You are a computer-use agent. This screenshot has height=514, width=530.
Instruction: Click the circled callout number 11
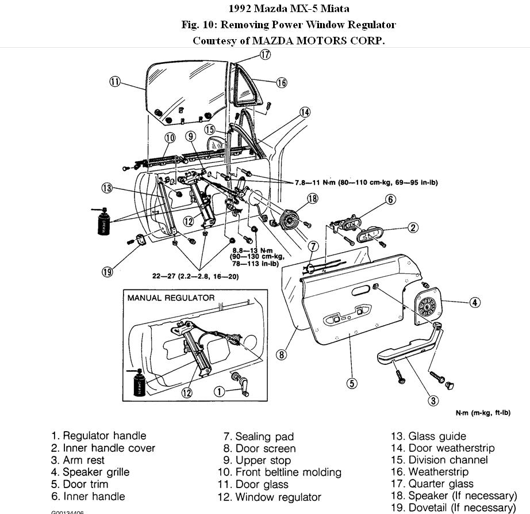[x=115, y=82]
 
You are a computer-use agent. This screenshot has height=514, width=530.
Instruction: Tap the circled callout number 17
[x=264, y=55]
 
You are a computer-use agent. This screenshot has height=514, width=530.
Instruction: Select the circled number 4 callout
[x=474, y=302]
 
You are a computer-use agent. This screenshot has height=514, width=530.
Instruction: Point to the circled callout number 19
[x=107, y=272]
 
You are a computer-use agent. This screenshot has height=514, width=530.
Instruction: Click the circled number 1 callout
[x=218, y=391]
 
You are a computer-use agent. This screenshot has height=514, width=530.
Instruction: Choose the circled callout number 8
[x=281, y=355]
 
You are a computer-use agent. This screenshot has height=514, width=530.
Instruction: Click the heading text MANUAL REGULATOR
[x=171, y=298]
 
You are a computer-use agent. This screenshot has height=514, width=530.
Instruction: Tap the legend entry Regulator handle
[x=98, y=436]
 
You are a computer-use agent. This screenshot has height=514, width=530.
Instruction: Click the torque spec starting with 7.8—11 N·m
[x=362, y=182]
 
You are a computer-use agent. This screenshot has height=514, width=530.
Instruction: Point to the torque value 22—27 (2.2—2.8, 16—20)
[x=195, y=277]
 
